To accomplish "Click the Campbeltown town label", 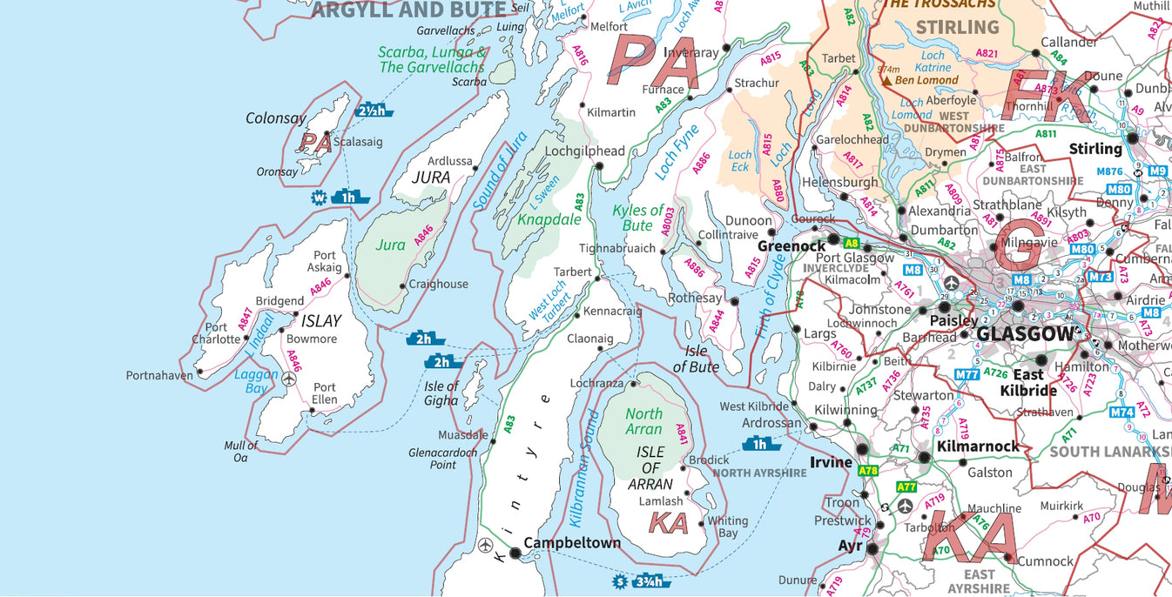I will pyautogui.click(x=572, y=543).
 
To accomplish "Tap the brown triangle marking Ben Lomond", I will pyautogui.click(x=886, y=80).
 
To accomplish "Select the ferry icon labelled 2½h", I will pyautogui.click(x=374, y=111).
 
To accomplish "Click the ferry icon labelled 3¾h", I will pyautogui.click(x=652, y=581).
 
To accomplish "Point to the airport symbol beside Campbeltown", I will pyautogui.click(x=486, y=546).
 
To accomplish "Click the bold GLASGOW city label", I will pyautogui.click(x=1025, y=334).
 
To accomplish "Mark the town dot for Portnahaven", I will pyautogui.click(x=199, y=372).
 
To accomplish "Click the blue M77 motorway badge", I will pyautogui.click(x=967, y=375).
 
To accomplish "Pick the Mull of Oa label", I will pyautogui.click(x=241, y=452).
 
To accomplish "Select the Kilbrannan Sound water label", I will pyautogui.click(x=584, y=468).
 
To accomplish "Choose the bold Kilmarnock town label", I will pyautogui.click(x=977, y=446).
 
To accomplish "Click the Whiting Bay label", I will pyautogui.click(x=727, y=527).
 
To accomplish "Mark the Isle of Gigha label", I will pyautogui.click(x=441, y=393).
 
